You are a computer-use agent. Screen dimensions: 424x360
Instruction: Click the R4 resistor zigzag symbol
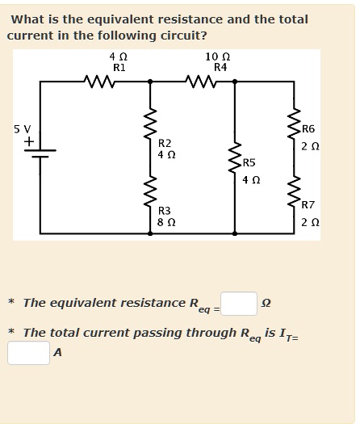coord(199,80)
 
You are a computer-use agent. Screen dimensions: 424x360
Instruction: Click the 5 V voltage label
coord(22,128)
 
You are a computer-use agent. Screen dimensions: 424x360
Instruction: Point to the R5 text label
coord(249,165)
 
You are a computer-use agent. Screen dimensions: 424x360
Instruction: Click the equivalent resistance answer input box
coord(239,304)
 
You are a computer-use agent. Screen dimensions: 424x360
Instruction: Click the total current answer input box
coord(28,353)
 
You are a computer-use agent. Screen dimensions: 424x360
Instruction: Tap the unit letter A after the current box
coord(57,353)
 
